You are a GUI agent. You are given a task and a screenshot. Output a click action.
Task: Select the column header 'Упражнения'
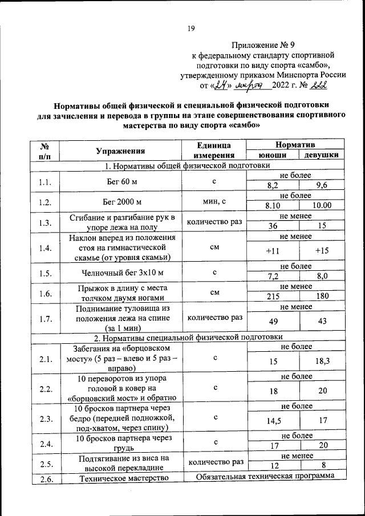120,151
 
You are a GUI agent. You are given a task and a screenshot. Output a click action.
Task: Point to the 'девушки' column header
321,156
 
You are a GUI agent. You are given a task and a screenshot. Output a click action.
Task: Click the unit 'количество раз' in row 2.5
214,461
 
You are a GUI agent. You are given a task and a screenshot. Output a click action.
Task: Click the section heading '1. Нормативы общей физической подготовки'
187,166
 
